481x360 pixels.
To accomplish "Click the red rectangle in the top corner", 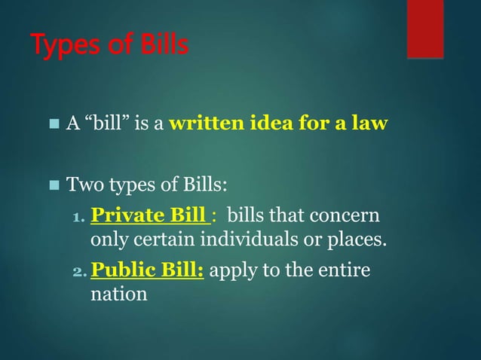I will (425, 29).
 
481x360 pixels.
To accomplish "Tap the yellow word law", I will (371, 124).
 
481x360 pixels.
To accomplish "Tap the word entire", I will (346, 269).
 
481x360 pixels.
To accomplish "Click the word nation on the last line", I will (118, 294).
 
